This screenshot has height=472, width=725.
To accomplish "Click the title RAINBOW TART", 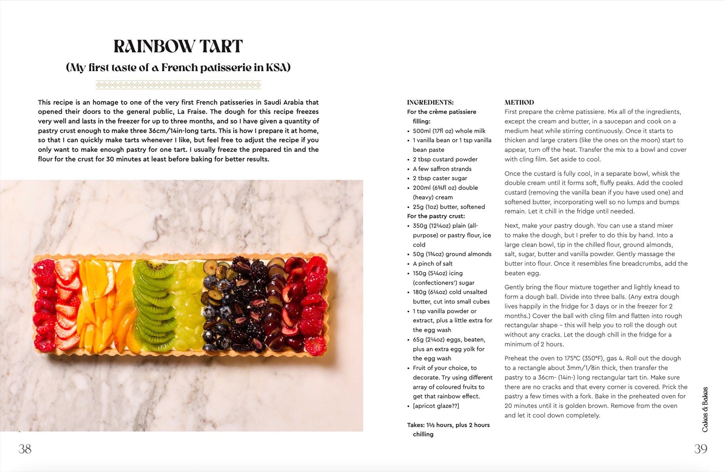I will (x=178, y=47).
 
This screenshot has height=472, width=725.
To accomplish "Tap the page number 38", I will (x=25, y=449).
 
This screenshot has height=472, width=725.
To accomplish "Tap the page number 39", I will (x=700, y=449).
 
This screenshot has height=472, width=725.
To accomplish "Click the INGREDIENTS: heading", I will (x=430, y=102).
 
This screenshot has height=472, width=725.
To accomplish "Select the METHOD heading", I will (x=519, y=102).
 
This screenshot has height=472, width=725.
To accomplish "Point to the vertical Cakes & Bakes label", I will (x=705, y=409).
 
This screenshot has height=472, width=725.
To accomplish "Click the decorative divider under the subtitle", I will (x=178, y=85).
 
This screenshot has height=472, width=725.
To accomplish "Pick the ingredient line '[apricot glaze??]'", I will (x=436, y=406).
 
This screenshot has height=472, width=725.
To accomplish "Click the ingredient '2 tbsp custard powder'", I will (x=445, y=159).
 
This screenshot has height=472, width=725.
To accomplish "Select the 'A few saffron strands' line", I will (x=442, y=169).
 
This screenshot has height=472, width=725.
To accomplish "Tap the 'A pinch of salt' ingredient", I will (x=432, y=264).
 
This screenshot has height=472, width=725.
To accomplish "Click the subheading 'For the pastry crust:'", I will (x=436, y=216).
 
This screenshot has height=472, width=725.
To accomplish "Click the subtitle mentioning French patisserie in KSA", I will (x=178, y=68).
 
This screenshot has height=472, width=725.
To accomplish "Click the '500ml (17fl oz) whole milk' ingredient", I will (x=449, y=131).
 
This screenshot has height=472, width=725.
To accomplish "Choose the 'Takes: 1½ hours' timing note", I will (x=448, y=425).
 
